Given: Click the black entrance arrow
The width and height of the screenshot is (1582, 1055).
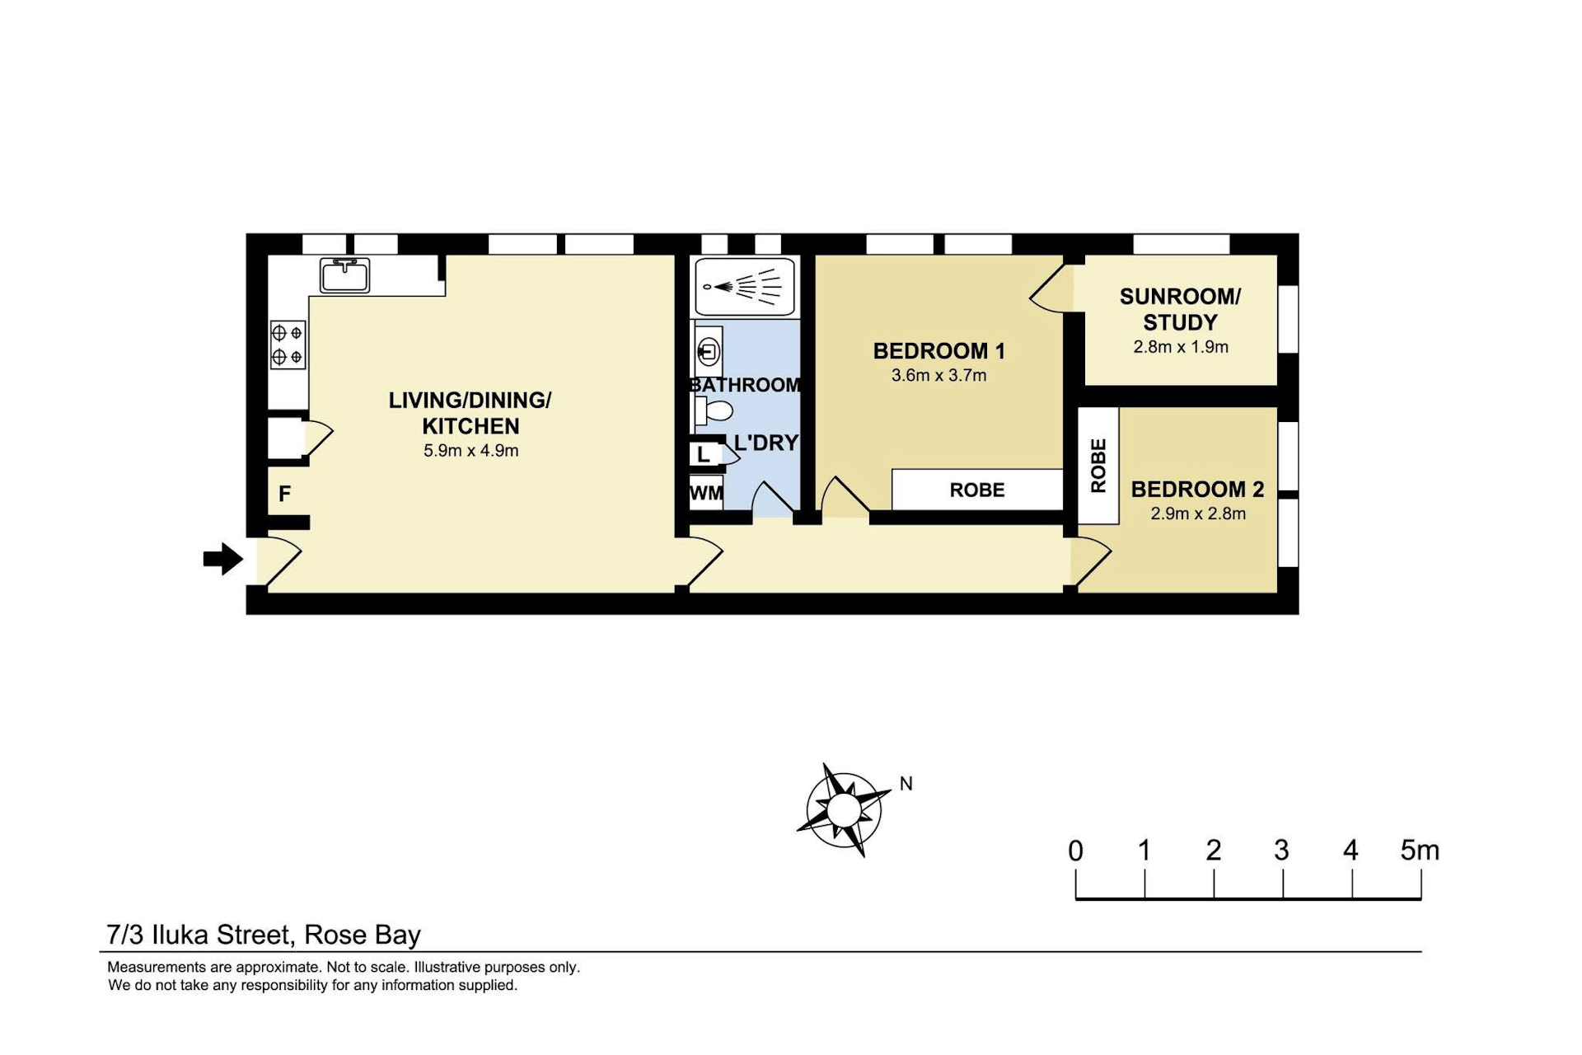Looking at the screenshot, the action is click(223, 559).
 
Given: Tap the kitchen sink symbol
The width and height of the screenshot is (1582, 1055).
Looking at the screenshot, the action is click(345, 275).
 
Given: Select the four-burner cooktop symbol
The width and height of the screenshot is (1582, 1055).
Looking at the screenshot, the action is click(288, 345).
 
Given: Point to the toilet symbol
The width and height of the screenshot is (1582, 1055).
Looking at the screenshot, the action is click(714, 410).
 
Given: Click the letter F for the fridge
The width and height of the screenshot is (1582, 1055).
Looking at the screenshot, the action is click(284, 494).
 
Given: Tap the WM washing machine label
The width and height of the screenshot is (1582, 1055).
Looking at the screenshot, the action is click(706, 493).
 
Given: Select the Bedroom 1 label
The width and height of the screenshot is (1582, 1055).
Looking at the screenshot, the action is click(938, 351).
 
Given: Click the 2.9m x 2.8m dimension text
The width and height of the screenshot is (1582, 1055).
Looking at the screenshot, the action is click(1198, 513).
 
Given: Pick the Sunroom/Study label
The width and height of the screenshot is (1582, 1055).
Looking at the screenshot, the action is click(1180, 309).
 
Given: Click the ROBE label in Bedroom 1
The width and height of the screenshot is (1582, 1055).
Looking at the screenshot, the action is click(977, 490).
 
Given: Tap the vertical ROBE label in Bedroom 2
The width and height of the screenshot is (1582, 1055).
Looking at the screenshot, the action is click(1098, 466).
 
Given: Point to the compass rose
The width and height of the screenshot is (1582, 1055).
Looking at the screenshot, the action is click(843, 809).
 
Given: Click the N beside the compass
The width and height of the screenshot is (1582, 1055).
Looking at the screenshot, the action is click(906, 784).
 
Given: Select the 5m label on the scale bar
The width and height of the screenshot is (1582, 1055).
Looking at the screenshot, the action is click(1420, 851).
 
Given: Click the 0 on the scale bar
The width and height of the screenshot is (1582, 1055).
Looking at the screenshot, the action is click(1075, 851).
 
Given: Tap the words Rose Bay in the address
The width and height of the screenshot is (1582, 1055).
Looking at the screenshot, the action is click(363, 935).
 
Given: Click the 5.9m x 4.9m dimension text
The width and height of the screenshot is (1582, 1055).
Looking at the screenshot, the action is click(470, 451).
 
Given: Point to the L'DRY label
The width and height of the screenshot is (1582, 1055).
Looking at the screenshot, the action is click(766, 443).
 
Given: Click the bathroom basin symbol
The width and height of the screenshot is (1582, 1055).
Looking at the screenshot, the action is click(708, 352).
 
